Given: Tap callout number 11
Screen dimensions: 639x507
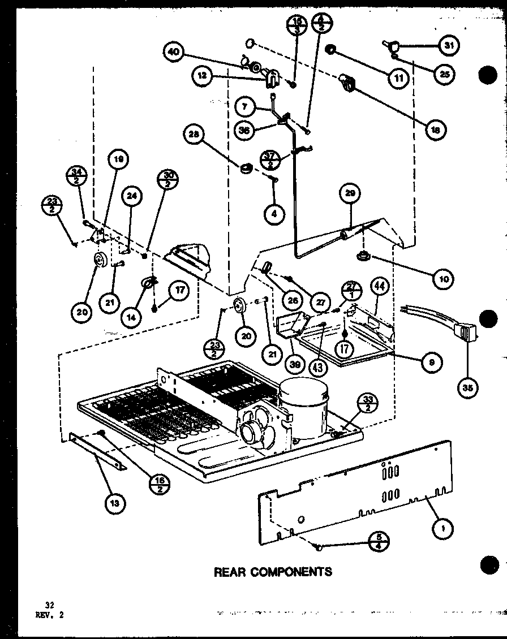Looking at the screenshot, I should [399, 77].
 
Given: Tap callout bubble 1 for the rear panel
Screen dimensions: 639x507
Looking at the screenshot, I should [442, 528].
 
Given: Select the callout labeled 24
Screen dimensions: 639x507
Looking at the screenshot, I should [132, 197].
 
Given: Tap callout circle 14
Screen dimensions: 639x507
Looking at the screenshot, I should [132, 317].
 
